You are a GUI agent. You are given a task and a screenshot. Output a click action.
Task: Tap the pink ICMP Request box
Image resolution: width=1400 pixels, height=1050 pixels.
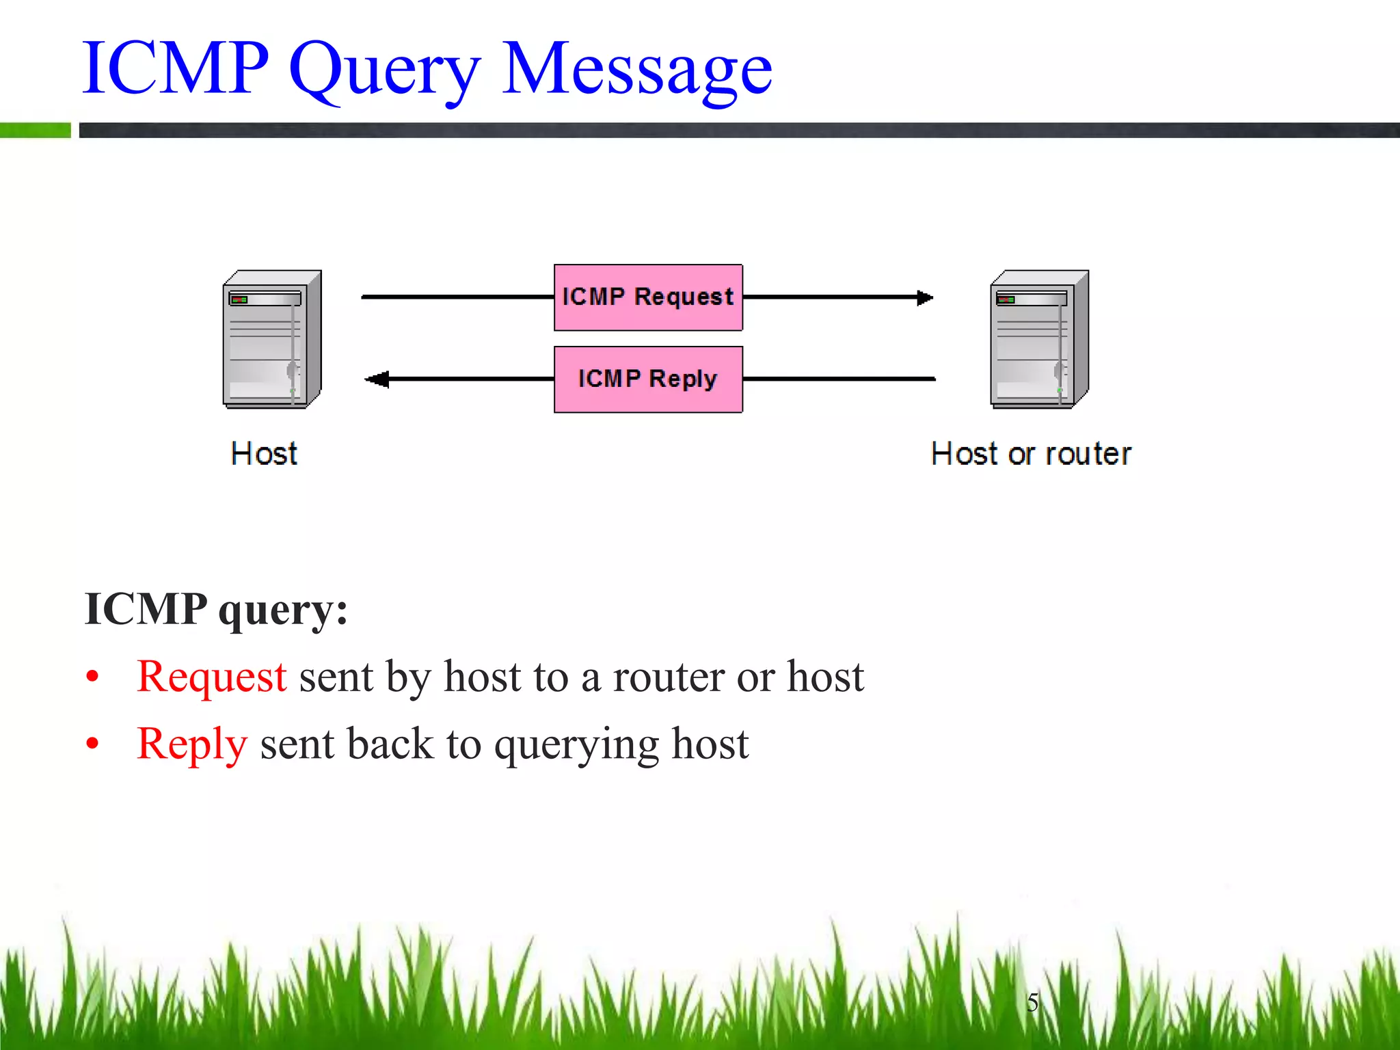pyautogui.click(x=648, y=297)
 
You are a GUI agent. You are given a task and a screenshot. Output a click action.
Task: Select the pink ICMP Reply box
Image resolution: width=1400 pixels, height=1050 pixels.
pyautogui.click(x=648, y=379)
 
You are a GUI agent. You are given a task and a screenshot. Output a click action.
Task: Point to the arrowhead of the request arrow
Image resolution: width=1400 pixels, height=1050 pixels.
pyautogui.click(x=925, y=297)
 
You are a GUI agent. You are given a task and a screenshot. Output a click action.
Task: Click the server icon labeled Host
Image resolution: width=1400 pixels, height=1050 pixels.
pyautogui.click(x=272, y=340)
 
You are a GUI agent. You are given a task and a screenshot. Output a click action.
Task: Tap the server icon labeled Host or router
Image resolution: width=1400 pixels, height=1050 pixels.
pyautogui.click(x=1039, y=340)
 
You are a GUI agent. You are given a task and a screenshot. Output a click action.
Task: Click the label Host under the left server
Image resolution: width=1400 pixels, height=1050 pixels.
pyautogui.click(x=265, y=454)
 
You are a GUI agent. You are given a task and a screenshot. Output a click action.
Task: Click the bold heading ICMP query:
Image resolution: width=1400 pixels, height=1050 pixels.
pyautogui.click(x=216, y=608)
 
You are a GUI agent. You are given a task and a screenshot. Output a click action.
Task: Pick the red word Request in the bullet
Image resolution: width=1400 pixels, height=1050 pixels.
pyautogui.click(x=211, y=677)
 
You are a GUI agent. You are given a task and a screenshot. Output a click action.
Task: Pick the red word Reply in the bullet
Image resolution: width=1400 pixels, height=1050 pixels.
pyautogui.click(x=191, y=744)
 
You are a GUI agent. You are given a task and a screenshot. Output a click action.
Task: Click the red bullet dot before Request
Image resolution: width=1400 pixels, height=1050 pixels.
pyautogui.click(x=93, y=677)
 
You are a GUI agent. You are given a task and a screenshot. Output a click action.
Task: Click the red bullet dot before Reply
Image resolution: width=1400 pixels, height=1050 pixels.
pyautogui.click(x=93, y=744)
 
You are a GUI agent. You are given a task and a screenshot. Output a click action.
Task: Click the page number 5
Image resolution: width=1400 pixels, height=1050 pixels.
pyautogui.click(x=1032, y=1002)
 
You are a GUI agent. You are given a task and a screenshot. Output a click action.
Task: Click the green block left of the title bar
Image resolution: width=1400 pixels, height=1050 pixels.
pyautogui.click(x=35, y=130)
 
